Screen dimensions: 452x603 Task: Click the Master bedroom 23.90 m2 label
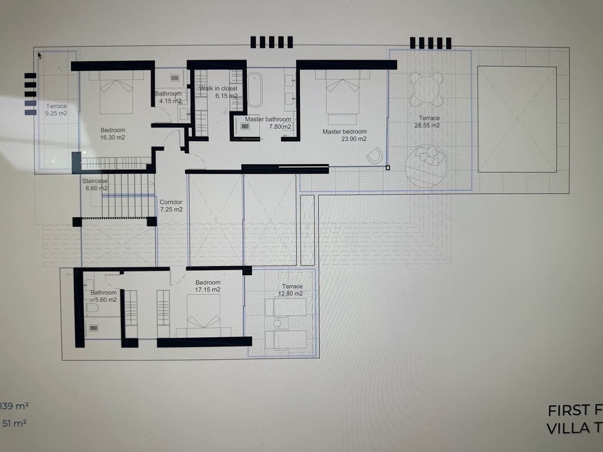(x=344, y=135)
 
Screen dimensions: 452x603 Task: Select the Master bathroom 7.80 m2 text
(x=268, y=123)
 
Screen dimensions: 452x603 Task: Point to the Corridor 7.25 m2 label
(x=171, y=205)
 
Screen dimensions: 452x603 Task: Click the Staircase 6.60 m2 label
(x=95, y=184)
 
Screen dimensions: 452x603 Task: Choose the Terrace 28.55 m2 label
(x=427, y=122)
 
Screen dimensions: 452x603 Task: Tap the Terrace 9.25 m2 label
(x=56, y=109)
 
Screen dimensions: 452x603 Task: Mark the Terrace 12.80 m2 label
(x=292, y=290)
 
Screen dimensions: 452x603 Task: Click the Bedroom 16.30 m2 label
(x=113, y=134)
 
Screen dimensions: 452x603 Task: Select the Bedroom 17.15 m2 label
(x=208, y=286)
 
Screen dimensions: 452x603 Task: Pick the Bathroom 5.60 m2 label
(x=104, y=296)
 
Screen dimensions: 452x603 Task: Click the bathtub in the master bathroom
(x=255, y=89)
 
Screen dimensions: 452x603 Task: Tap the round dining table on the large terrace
(x=426, y=89)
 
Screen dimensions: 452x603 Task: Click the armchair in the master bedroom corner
(x=375, y=156)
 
